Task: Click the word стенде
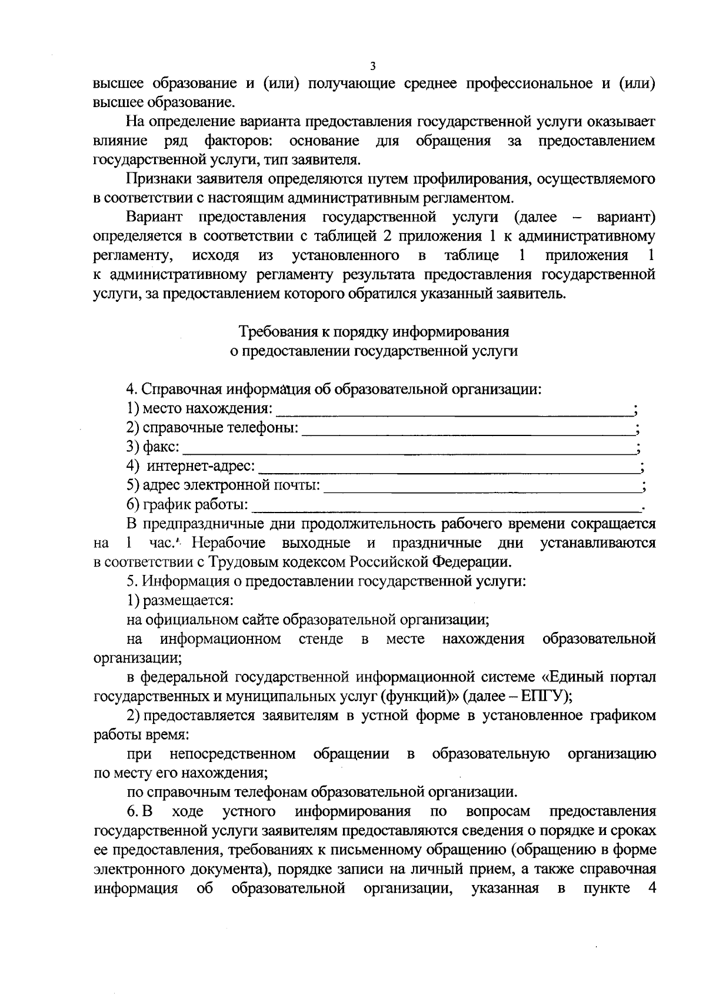coord(321,638)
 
